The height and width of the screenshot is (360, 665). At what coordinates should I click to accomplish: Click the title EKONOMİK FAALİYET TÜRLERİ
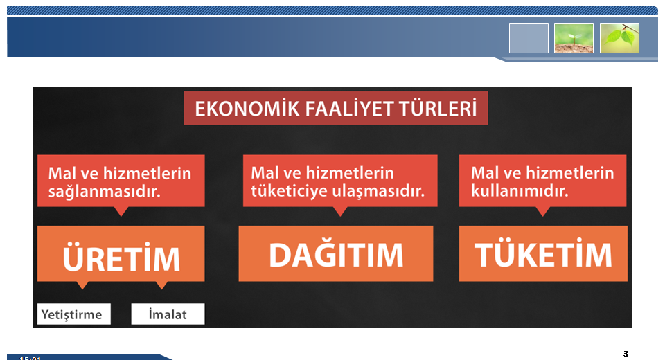tap(335, 108)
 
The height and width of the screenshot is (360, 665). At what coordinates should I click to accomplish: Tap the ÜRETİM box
tap(121, 253)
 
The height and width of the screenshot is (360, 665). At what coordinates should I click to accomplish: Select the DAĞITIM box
tap(336, 253)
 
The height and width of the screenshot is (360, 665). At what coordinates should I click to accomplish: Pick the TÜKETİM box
tap(543, 253)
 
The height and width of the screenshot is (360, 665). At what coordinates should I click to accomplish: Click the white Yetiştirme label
tap(74, 314)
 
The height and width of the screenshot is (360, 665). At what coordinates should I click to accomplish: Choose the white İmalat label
tap(168, 314)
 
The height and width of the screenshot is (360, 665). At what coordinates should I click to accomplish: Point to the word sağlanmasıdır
tap(105, 192)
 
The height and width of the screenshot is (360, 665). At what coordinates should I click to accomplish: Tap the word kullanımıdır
tap(520, 191)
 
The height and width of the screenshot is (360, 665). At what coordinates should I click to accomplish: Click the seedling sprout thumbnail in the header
tap(574, 38)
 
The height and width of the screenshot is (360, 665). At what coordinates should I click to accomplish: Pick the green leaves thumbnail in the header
tap(619, 38)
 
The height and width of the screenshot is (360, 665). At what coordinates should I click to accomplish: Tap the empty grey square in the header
tap(529, 38)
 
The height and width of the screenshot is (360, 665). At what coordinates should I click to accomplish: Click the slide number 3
tap(626, 354)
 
